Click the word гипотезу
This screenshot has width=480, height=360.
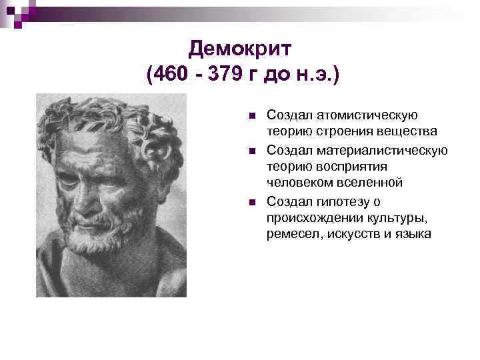pos(342,201)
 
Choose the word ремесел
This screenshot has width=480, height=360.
pos(289,234)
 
